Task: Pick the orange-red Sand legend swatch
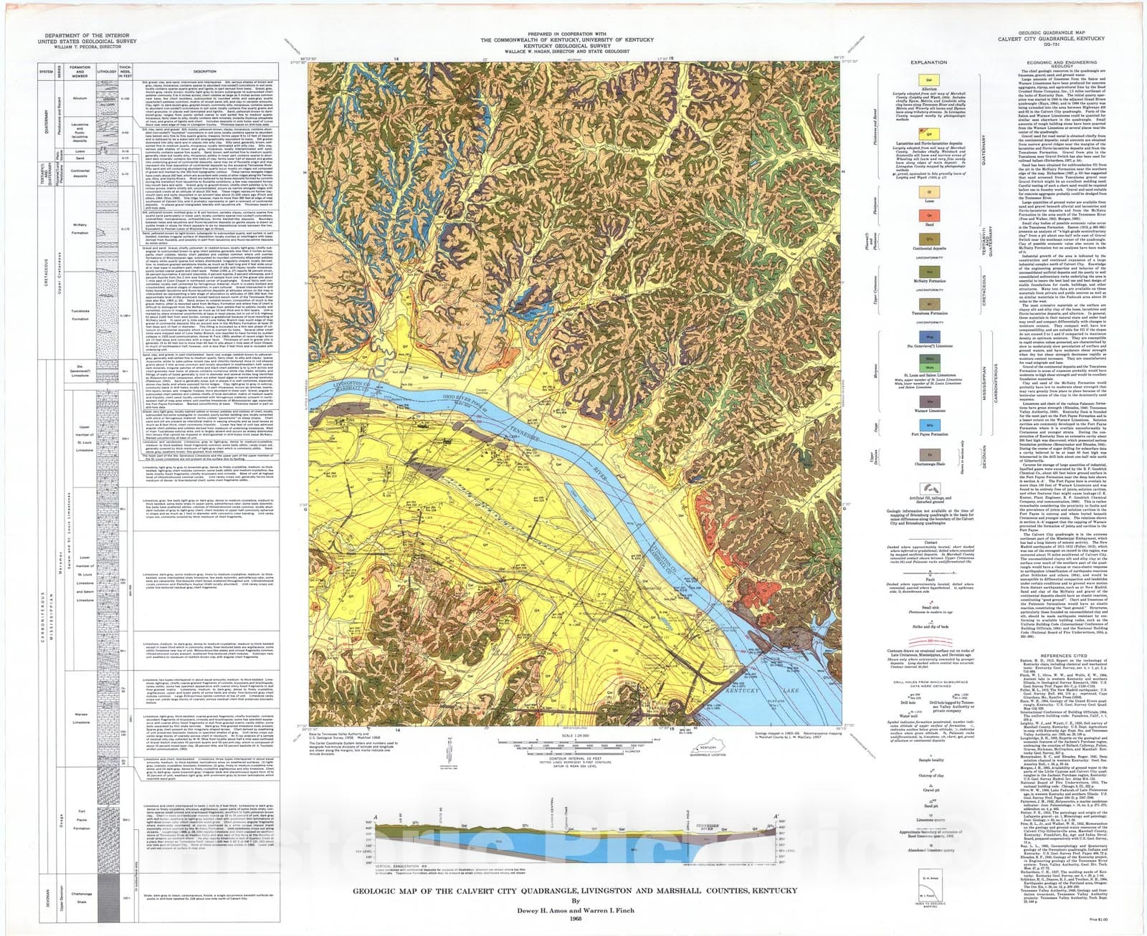tap(929, 214)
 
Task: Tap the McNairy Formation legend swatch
tap(929, 272)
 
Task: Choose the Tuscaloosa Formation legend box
tap(929, 304)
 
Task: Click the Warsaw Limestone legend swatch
tap(929, 401)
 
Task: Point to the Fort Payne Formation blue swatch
tap(929, 426)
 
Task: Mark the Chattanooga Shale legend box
tap(929, 455)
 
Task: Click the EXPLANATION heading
tap(929, 62)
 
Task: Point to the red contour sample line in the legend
tap(929, 640)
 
